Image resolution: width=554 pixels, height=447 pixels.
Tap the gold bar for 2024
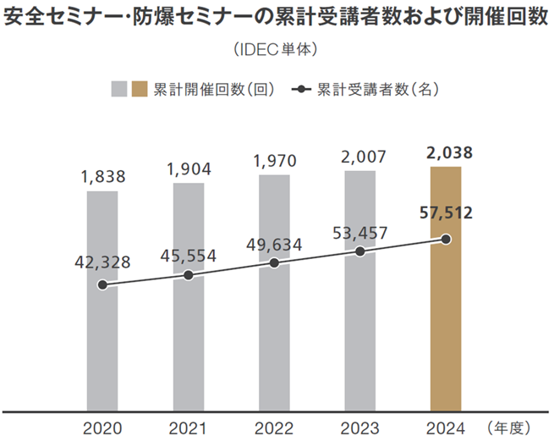(x=446, y=339)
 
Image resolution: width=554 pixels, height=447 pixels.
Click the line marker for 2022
(x=275, y=263)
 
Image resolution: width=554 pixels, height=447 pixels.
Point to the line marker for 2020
(x=102, y=285)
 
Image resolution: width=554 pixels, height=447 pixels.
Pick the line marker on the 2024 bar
(x=447, y=240)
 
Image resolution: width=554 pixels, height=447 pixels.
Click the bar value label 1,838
(x=103, y=177)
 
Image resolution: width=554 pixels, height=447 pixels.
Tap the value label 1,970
(x=275, y=160)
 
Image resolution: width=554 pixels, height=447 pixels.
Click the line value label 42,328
(x=101, y=262)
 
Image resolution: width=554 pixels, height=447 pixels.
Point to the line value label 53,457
(x=360, y=228)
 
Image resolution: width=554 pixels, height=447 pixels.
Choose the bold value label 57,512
(x=446, y=212)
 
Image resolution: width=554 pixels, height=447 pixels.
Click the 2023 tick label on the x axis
(x=360, y=428)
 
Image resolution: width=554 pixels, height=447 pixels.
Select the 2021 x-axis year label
(x=188, y=428)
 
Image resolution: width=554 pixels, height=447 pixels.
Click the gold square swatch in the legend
(x=140, y=89)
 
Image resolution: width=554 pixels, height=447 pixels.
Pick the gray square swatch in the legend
(x=119, y=89)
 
